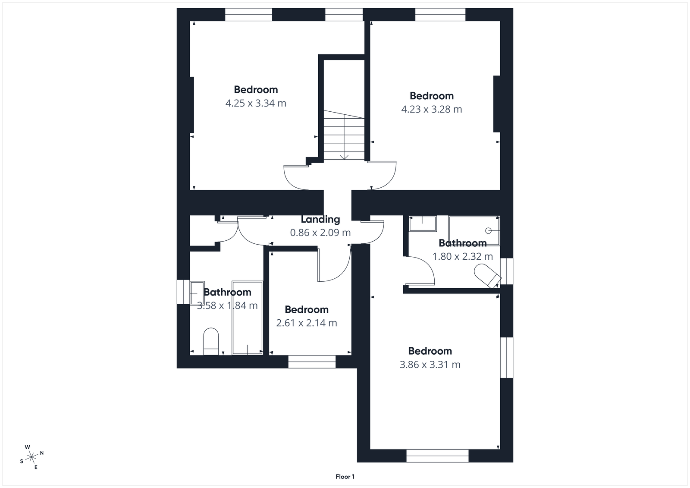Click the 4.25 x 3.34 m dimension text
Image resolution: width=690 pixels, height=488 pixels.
coord(256,104)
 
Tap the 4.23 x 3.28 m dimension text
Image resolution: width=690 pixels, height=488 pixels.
coord(432,110)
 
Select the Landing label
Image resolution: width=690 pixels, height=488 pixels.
coord(320,219)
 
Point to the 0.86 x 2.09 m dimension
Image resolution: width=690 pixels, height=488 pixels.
coord(320,233)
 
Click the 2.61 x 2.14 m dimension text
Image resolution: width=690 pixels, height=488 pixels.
coord(307,323)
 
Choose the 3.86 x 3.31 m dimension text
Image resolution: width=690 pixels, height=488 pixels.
coord(430,365)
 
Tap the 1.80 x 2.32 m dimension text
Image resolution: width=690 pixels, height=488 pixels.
coord(463,257)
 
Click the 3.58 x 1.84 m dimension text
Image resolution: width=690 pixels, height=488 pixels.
coord(227,306)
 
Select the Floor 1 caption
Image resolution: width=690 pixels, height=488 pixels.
coord(345,477)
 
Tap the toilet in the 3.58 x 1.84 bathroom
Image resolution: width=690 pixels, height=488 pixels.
coord(211,341)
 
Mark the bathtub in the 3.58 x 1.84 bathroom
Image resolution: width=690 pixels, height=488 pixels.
coord(248,318)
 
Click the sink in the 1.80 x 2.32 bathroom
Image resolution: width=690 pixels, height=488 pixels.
coord(423,224)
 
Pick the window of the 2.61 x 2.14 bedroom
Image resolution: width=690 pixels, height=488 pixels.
coord(312,362)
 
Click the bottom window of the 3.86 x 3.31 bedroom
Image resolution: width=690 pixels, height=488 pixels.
coord(437,456)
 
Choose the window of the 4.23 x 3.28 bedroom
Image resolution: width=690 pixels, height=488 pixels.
coord(440,15)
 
